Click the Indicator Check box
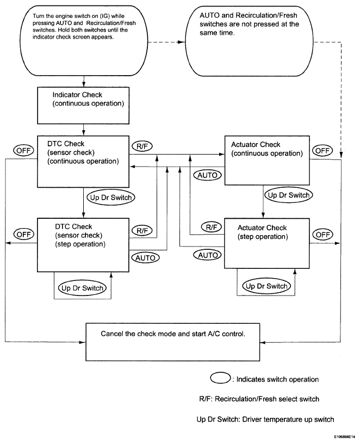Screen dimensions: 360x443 pyautogui.click(x=83, y=106)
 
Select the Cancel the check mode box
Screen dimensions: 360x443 pyautogui.click(x=172, y=342)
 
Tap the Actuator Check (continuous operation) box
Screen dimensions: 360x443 pyautogui.click(x=267, y=161)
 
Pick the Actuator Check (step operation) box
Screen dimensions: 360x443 pyautogui.click(x=267, y=243)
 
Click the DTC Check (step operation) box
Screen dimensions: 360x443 pyautogui.click(x=83, y=245)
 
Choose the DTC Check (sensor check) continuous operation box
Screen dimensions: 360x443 pyautogui.click(x=83, y=161)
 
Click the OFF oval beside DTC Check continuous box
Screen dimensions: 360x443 pyautogui.click(x=23, y=151)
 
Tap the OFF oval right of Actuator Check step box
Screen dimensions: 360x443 pyautogui.click(x=322, y=235)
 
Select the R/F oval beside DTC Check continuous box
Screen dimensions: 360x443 pyautogui.click(x=142, y=146)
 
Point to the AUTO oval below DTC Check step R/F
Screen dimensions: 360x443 pyautogui.click(x=145, y=258)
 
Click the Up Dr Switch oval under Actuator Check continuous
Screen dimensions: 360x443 pyautogui.click(x=289, y=195)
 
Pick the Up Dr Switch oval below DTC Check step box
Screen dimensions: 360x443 pyautogui.click(x=82, y=288)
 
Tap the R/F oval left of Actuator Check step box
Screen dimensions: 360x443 pyautogui.click(x=212, y=227)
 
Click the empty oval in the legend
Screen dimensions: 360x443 pyautogui.click(x=220, y=378)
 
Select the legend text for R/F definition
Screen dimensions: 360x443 pyautogui.click(x=259, y=399)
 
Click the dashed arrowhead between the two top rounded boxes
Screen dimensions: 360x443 pyautogui.click(x=181, y=42)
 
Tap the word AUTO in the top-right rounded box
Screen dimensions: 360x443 pyautogui.click(x=209, y=15)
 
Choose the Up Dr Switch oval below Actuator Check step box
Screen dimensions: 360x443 pyautogui.click(x=266, y=286)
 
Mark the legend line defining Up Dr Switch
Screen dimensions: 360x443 pyautogui.click(x=265, y=420)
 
